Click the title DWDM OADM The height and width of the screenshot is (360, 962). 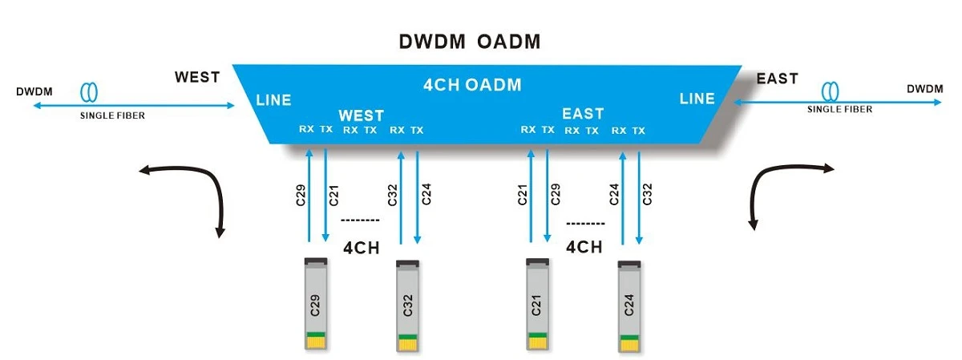pyautogui.click(x=470, y=42)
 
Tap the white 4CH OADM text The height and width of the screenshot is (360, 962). pyautogui.click(x=472, y=85)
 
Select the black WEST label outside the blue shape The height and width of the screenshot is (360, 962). pyautogui.click(x=197, y=77)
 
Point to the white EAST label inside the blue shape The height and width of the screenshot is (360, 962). pyautogui.click(x=583, y=113)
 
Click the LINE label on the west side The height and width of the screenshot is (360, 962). pyautogui.click(x=273, y=100)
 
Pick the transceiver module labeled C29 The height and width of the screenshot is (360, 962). pyautogui.click(x=316, y=303)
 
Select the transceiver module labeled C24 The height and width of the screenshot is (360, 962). pyautogui.click(x=629, y=305)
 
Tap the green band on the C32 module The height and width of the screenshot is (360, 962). pyautogui.click(x=407, y=338)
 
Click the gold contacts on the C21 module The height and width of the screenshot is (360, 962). pyautogui.click(x=537, y=343)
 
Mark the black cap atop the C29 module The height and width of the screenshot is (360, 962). pyautogui.click(x=316, y=261)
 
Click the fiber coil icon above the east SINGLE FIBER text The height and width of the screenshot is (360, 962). pyautogui.click(x=830, y=91)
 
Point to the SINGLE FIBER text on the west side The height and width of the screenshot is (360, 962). pyautogui.click(x=112, y=115)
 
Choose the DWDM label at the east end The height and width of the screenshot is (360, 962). pyautogui.click(x=924, y=89)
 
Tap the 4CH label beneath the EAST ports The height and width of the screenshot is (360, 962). pyautogui.click(x=584, y=247)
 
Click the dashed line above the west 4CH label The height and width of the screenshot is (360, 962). pyautogui.click(x=360, y=220)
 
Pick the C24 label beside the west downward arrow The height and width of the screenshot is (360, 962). pyautogui.click(x=426, y=194)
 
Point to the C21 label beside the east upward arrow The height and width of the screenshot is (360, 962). pyautogui.click(x=522, y=195)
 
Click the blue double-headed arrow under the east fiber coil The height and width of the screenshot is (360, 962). pyautogui.click(x=838, y=103)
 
